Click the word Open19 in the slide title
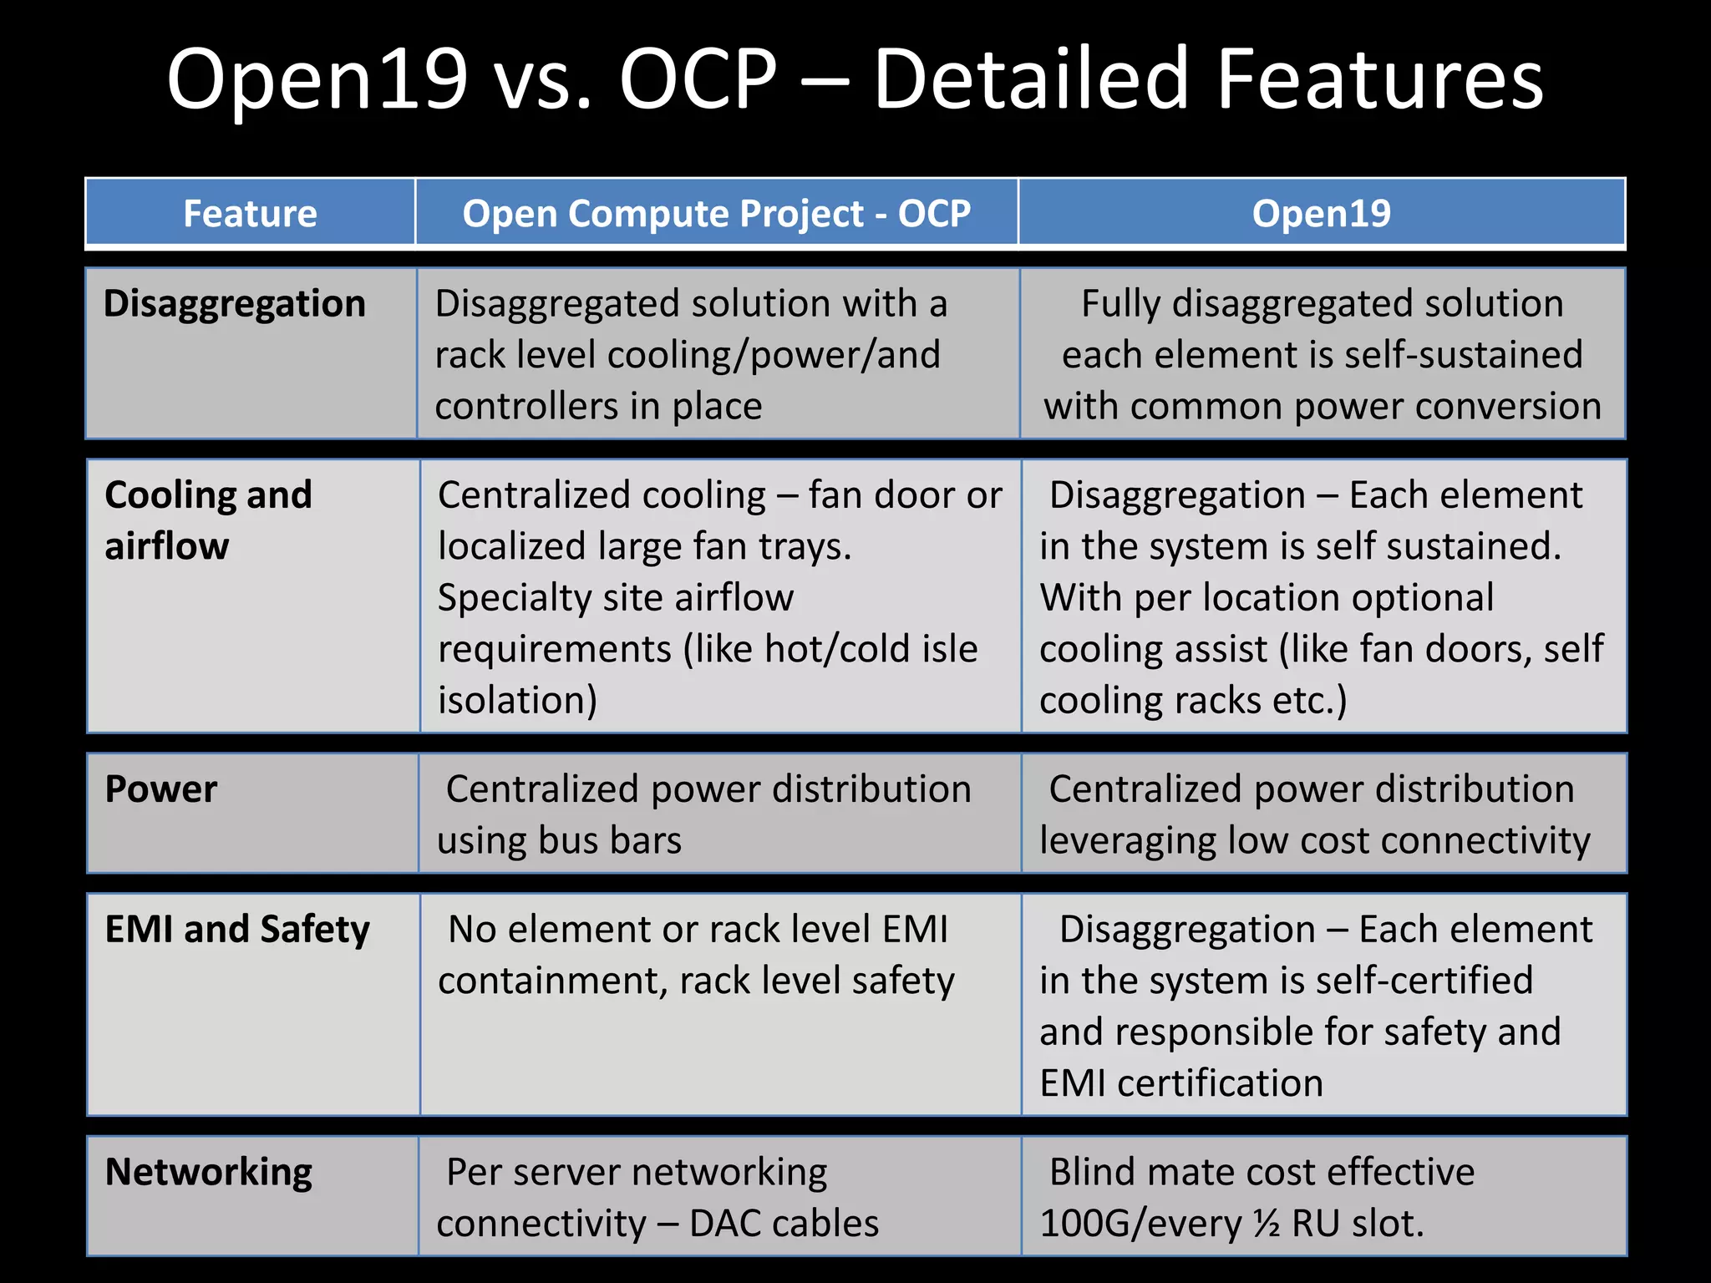(317, 80)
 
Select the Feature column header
(250, 214)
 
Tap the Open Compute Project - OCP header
(716, 214)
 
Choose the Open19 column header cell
(1321, 214)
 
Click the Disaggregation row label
(235, 304)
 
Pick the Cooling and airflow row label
(208, 520)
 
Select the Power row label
(161, 789)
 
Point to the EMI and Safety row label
(237, 930)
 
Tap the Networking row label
(209, 1173)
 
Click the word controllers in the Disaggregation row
(525, 407)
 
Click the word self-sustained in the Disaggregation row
(1445, 355)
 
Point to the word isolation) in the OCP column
(517, 701)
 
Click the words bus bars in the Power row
(610, 841)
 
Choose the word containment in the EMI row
(551, 981)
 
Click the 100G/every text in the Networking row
(1140, 1225)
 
